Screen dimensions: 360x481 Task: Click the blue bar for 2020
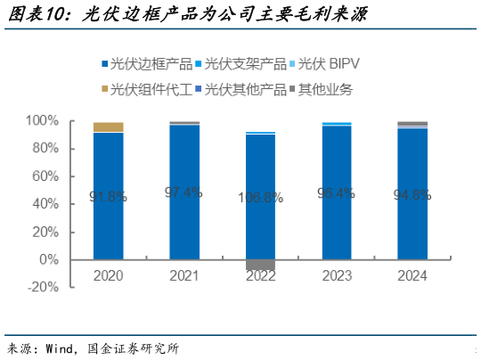[108, 196]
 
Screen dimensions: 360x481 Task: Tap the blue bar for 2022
[260, 197]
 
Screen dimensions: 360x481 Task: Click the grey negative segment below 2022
[260, 265]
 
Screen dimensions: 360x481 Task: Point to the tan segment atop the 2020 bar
[108, 127]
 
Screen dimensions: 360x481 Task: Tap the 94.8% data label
[412, 193]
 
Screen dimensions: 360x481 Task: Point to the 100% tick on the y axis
[42, 120]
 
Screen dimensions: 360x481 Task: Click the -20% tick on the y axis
[44, 288]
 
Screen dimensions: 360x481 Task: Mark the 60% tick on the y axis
[45, 176]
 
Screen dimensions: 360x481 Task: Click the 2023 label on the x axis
[336, 276]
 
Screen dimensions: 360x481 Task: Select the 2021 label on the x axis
[183, 276]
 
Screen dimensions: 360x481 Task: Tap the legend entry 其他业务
[325, 88]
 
